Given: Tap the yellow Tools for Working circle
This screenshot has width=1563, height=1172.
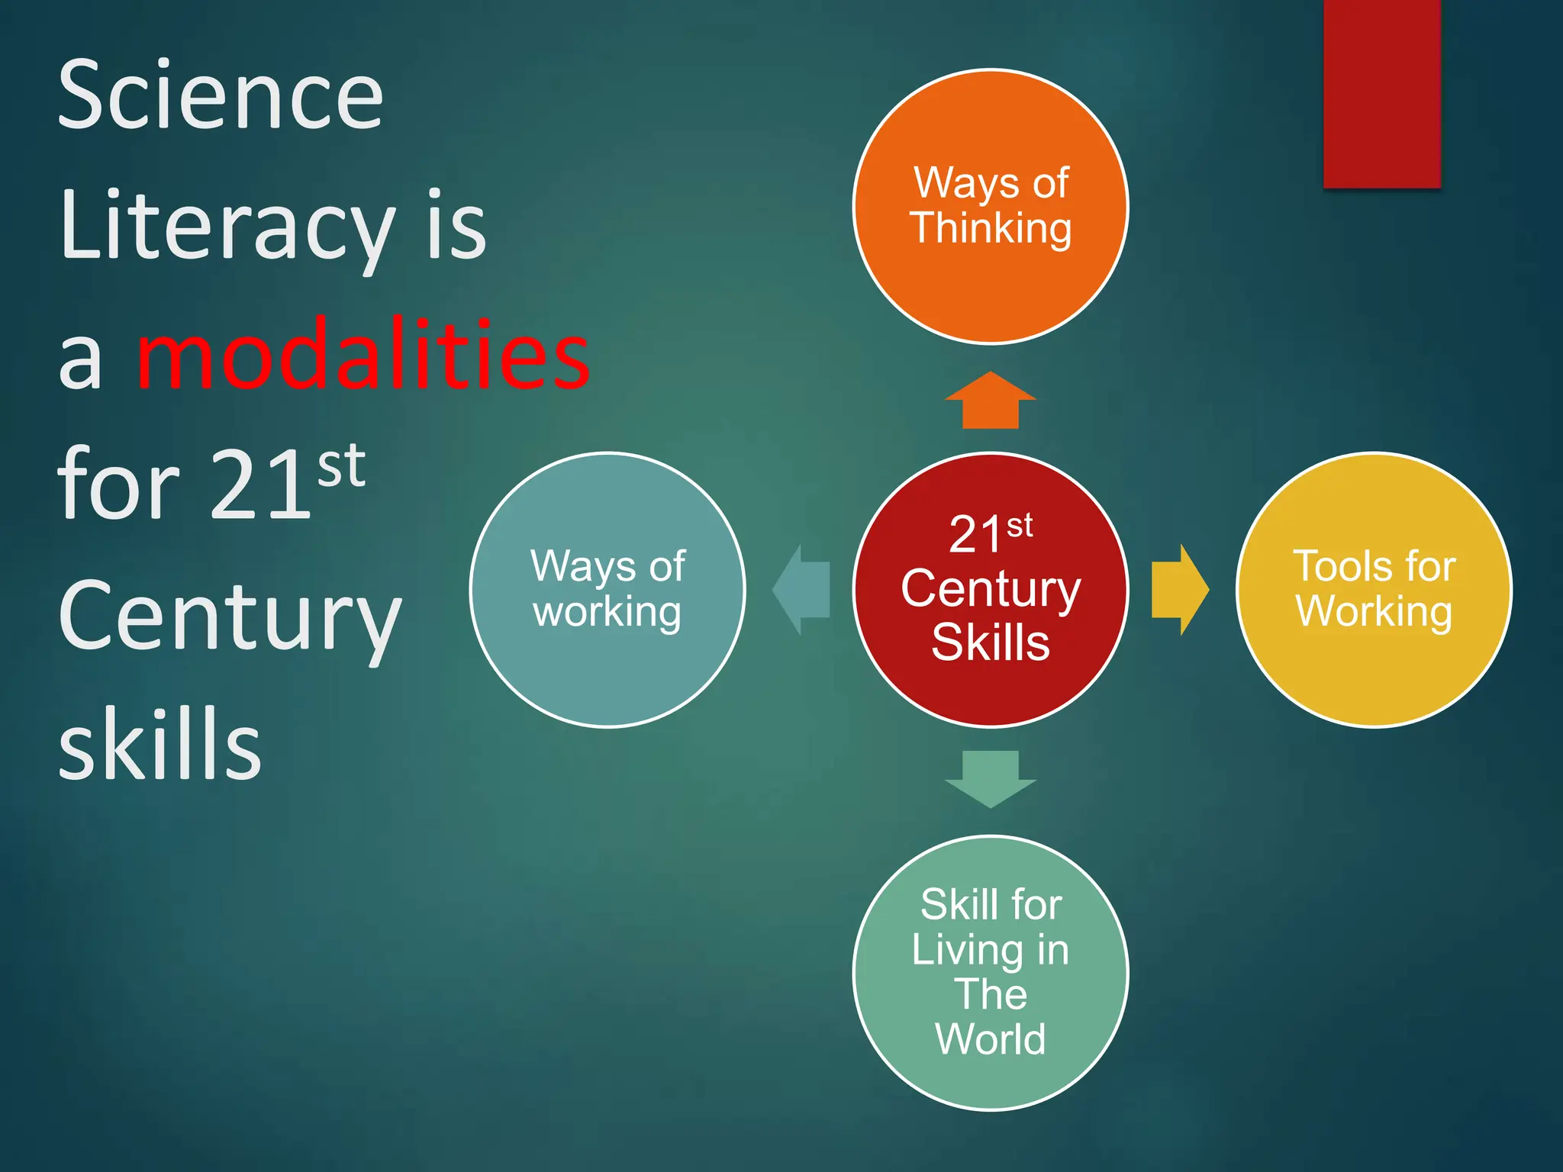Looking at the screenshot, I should click(1374, 671).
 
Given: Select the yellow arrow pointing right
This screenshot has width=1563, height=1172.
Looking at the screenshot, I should click(1180, 590).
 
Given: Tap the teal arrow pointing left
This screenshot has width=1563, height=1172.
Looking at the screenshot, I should click(801, 590).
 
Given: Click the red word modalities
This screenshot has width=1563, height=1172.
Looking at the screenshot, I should click(363, 355).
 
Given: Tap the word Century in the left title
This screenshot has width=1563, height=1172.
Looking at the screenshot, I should click(229, 617).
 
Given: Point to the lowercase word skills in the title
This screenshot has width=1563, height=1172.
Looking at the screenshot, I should click(160, 744).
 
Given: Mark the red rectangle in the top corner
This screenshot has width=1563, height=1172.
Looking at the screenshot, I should click(1381, 93).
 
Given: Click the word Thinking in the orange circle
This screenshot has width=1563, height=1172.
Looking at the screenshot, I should click(991, 228).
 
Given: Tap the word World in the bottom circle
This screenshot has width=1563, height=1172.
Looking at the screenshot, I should click(991, 1038).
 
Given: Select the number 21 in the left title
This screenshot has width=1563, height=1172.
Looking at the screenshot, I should click(260, 485).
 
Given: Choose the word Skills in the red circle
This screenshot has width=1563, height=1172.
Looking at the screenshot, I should click(991, 642).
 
